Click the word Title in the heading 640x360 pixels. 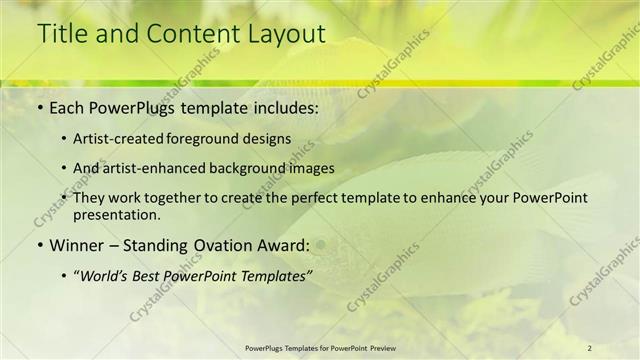click(60, 33)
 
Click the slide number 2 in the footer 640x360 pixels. click(590, 347)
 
